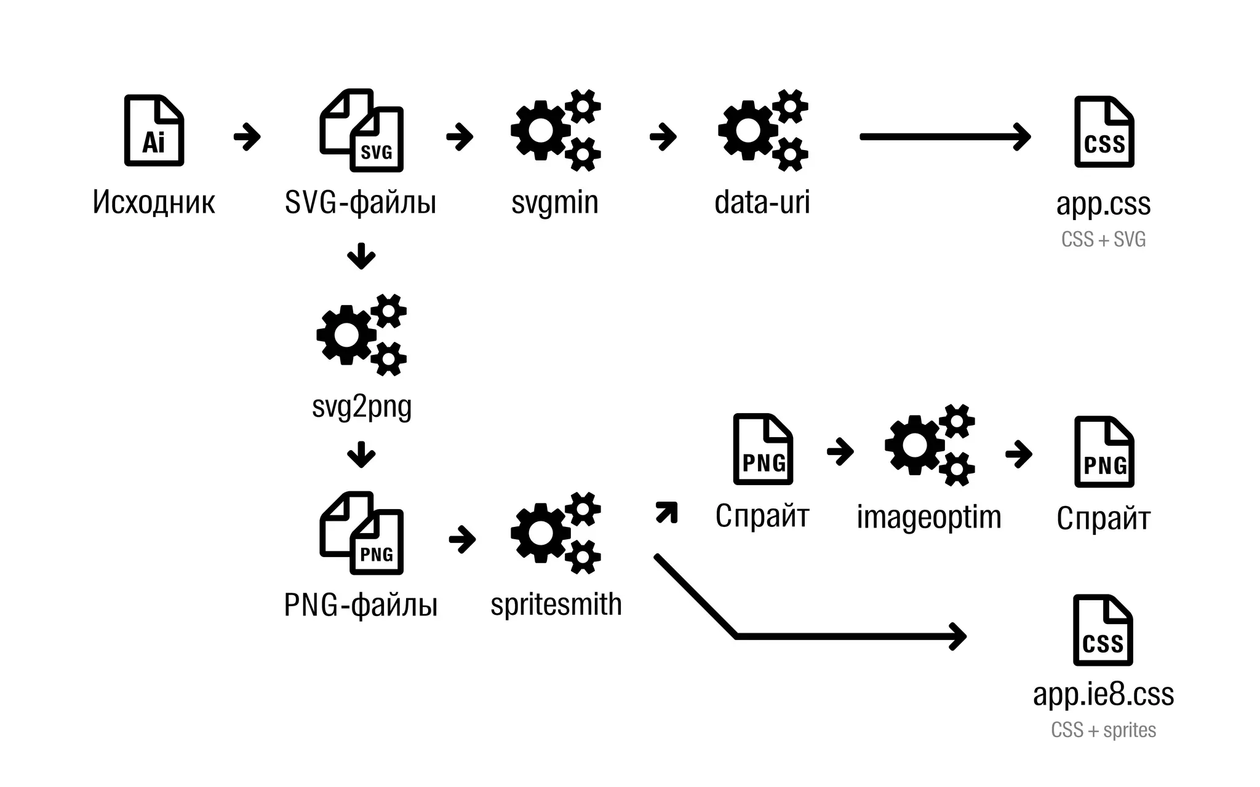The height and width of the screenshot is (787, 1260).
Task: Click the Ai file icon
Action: pos(154,130)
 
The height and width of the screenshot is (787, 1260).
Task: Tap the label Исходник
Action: pos(154,202)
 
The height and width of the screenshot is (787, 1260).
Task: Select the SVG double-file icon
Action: pos(362,130)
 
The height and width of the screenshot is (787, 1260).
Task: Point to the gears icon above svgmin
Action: pos(556,130)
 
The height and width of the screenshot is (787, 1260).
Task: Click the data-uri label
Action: pos(762,202)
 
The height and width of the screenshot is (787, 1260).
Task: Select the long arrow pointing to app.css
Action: pos(944,136)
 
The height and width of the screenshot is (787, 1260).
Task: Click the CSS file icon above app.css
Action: pos(1104,132)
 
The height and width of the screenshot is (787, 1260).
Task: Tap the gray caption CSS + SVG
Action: pos(1103,239)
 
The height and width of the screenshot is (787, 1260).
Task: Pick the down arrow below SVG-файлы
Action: pos(361,256)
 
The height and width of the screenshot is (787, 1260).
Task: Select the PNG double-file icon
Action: pos(362,533)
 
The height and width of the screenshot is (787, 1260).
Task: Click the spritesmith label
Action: pos(556,604)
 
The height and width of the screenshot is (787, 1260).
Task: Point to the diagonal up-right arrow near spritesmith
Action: pos(667,512)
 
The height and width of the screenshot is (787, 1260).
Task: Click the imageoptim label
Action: pos(929,517)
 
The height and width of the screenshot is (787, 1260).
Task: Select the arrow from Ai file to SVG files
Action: pos(247,136)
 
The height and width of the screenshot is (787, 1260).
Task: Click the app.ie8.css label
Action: pos(1103,695)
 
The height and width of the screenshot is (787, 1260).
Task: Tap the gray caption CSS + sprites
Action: pos(1103,730)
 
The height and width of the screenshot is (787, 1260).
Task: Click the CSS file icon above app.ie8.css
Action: pos(1102,630)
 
